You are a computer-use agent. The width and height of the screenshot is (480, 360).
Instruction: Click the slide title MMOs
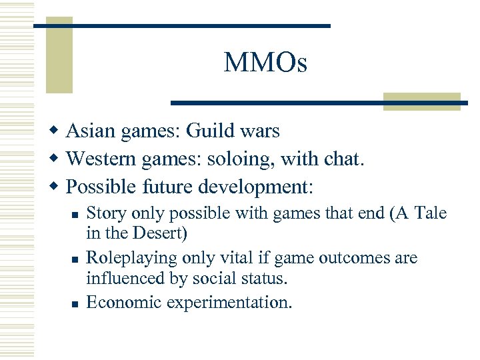click(x=265, y=63)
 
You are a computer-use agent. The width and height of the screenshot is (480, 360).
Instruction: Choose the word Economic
click(x=123, y=302)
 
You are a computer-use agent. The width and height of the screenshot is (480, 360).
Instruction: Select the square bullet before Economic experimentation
click(x=75, y=304)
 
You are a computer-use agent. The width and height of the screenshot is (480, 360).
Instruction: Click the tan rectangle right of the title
click(x=421, y=101)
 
